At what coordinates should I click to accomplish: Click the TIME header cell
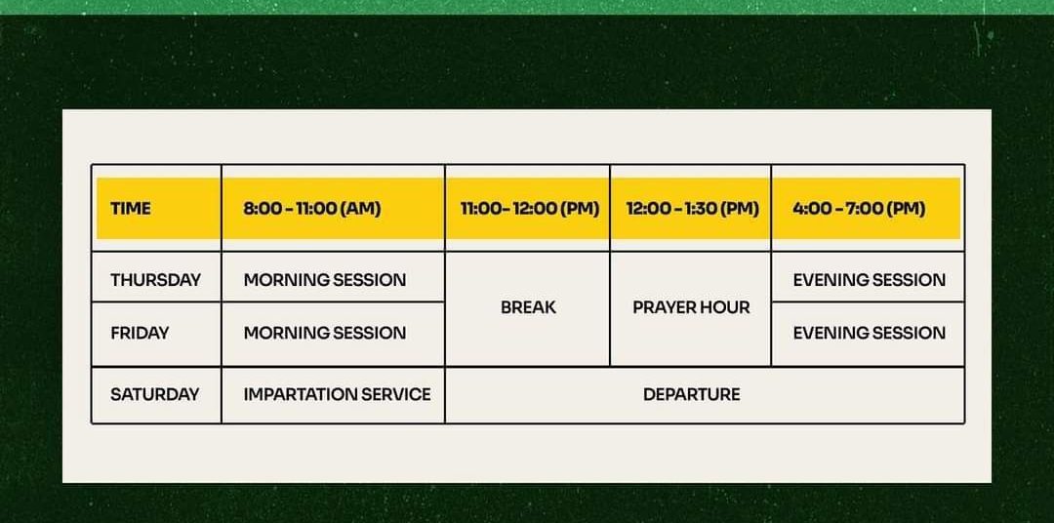[156, 208]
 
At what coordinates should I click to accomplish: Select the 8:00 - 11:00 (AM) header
[333, 208]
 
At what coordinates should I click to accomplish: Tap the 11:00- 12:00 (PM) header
[528, 208]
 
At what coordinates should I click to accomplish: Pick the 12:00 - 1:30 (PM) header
[691, 208]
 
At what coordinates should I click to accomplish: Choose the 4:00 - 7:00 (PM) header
[868, 208]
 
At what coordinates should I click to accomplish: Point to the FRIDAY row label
[156, 334]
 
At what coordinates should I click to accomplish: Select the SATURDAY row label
[156, 394]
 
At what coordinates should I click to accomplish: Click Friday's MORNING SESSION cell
[333, 334]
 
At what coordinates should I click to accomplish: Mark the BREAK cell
[528, 308]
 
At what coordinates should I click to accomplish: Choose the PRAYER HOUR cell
[691, 308]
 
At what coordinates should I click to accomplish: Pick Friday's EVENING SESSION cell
[868, 334]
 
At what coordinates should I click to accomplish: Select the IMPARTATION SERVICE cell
[333, 394]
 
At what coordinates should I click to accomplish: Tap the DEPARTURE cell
[705, 394]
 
